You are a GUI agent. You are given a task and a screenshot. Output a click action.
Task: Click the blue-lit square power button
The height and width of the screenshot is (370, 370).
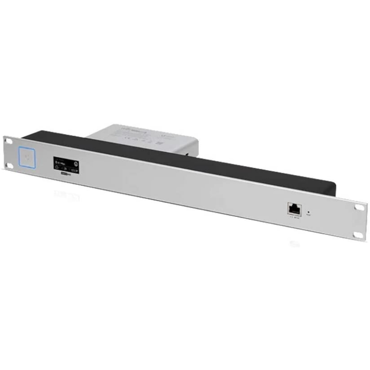pos(26,155)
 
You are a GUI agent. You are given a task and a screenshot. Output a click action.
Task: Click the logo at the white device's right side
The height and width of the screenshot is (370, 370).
pos(177,137)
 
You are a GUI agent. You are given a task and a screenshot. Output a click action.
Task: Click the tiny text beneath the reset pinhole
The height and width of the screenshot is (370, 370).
pos(309,217)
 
